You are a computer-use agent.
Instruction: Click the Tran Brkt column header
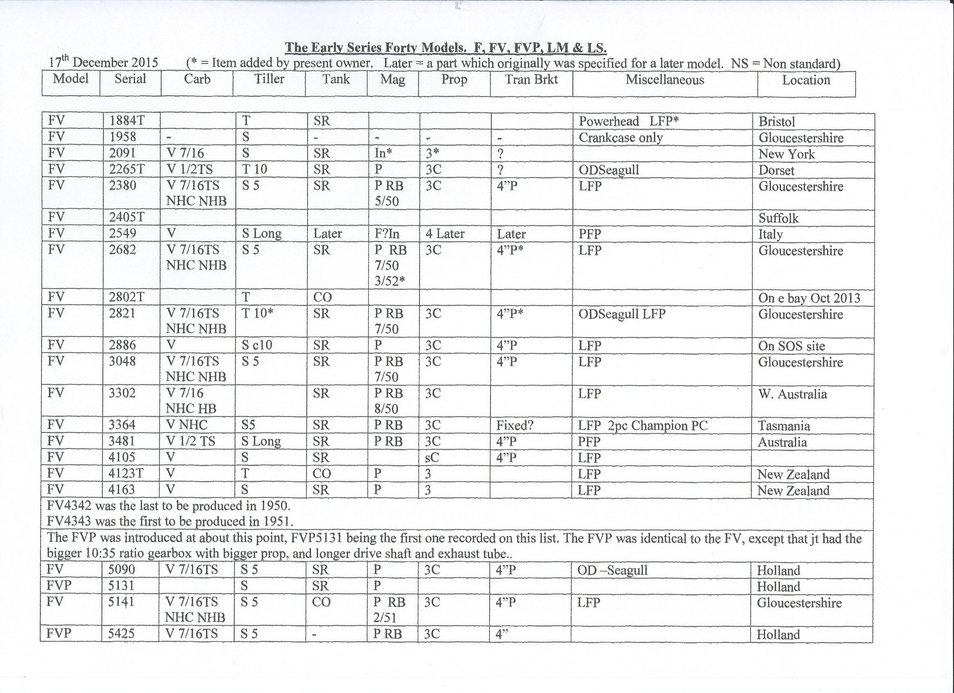531,79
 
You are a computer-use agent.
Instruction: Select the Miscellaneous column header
665,80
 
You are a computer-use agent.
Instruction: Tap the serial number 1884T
127,121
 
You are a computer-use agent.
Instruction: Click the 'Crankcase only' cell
621,137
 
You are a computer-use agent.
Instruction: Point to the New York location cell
787,154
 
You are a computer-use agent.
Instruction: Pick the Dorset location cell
776,170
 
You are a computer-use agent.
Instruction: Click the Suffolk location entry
778,218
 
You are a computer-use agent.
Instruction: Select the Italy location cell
770,234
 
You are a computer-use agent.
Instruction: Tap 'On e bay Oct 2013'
809,298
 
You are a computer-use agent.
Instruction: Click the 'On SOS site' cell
791,346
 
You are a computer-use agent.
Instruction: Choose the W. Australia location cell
792,394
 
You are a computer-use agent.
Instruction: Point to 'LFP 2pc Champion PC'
642,426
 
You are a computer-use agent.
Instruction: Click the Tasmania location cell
783,426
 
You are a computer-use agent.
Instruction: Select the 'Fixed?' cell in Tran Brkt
515,425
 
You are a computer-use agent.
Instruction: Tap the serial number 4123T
126,474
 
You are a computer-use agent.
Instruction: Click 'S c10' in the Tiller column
257,345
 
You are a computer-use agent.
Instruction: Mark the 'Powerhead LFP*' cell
628,121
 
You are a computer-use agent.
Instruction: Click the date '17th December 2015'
104,63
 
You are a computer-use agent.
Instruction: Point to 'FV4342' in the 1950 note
69,505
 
